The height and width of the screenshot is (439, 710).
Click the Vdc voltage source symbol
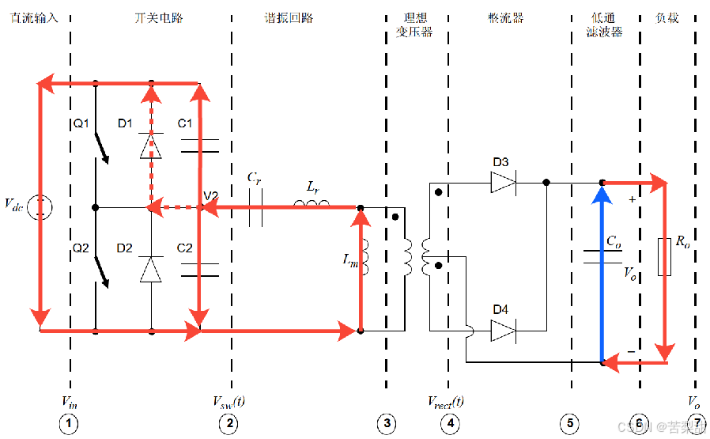pyautogui.click(x=40, y=207)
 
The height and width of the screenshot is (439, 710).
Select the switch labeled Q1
pyautogui.click(x=100, y=147)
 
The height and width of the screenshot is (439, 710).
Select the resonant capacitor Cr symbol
pyautogui.click(x=255, y=209)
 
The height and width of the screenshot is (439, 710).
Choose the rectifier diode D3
pyautogui.click(x=502, y=183)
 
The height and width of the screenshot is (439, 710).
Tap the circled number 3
pyautogui.click(x=387, y=425)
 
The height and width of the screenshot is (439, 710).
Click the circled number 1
pyautogui.click(x=70, y=425)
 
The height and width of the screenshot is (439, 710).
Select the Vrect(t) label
pyautogui.click(x=445, y=401)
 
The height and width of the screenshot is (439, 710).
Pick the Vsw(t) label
pyautogui.click(x=229, y=401)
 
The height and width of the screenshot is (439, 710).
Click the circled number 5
pyautogui.click(x=571, y=425)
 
